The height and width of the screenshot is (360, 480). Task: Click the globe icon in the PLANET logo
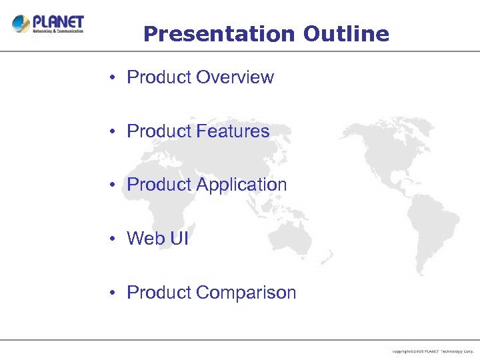click(x=21, y=24)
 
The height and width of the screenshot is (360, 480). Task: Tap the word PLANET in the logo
click(x=59, y=20)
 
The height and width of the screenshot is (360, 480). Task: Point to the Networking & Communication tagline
click(x=59, y=31)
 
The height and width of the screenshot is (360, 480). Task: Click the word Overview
click(x=235, y=77)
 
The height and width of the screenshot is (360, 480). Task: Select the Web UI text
click(x=157, y=238)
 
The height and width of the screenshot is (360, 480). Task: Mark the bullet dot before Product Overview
click(x=115, y=78)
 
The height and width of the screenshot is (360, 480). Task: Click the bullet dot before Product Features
click(x=115, y=132)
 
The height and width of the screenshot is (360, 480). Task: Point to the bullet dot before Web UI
click(x=115, y=239)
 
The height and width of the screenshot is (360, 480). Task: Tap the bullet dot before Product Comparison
click(x=115, y=293)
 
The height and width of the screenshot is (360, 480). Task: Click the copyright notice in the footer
click(x=433, y=351)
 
